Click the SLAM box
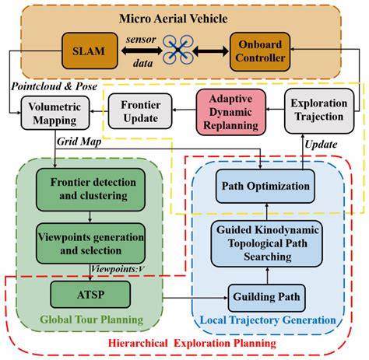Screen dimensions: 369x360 (90, 51)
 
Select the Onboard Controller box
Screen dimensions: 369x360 (260, 51)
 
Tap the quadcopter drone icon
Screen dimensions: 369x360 (177, 50)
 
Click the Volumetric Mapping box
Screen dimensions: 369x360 (55, 113)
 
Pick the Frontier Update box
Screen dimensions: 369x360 (140, 111)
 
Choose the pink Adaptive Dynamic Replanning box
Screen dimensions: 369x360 (231, 112)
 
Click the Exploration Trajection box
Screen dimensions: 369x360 (319, 111)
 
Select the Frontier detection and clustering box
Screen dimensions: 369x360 (90, 190)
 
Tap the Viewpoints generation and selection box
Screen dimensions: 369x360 (90, 243)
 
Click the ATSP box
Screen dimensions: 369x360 (90, 295)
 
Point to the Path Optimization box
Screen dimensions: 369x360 (265, 186)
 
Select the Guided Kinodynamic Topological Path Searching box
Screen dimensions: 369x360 (267, 243)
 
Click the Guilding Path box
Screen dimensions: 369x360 (266, 298)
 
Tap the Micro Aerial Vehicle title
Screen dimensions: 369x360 (174, 19)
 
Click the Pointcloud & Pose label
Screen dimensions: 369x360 (54, 86)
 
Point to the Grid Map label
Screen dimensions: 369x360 (79, 142)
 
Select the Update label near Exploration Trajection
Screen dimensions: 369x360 (321, 145)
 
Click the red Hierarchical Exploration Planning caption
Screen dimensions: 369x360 (192, 343)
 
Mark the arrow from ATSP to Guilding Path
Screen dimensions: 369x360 (195, 298)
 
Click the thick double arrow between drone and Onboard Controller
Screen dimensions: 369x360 (211, 51)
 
